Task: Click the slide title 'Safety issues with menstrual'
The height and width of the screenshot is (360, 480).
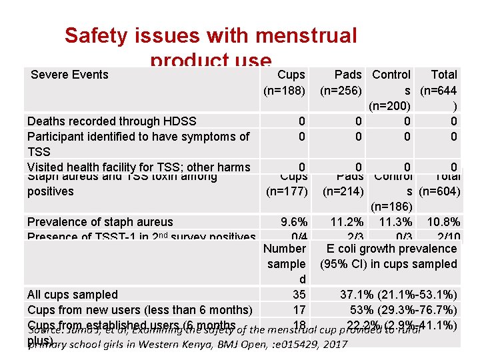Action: pyautogui.click(x=211, y=35)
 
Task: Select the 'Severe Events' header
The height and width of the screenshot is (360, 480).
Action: pyautogui.click(x=69, y=75)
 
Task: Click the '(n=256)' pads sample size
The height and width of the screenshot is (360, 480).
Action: pyautogui.click(x=341, y=90)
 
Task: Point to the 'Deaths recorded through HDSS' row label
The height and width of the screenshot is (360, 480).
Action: pyautogui.click(x=112, y=121)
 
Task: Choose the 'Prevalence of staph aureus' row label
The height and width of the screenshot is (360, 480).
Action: pyautogui.click(x=100, y=222)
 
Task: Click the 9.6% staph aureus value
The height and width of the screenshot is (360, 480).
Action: pyautogui.click(x=294, y=222)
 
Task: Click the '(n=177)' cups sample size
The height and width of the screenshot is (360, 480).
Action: pyautogui.click(x=285, y=191)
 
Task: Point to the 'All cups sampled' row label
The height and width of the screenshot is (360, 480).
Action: pyautogui.click(x=73, y=295)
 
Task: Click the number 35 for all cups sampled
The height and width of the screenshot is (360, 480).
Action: pyautogui.click(x=299, y=295)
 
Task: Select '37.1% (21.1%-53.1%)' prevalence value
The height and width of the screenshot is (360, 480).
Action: pyautogui.click(x=399, y=295)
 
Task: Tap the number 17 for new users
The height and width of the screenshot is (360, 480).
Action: pyautogui.click(x=299, y=310)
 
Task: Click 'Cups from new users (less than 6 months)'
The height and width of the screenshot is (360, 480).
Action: pyautogui.click(x=140, y=310)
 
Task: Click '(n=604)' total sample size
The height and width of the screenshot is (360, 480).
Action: pyautogui.click(x=439, y=191)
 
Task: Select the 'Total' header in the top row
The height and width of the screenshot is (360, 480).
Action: pyautogui.click(x=444, y=75)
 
